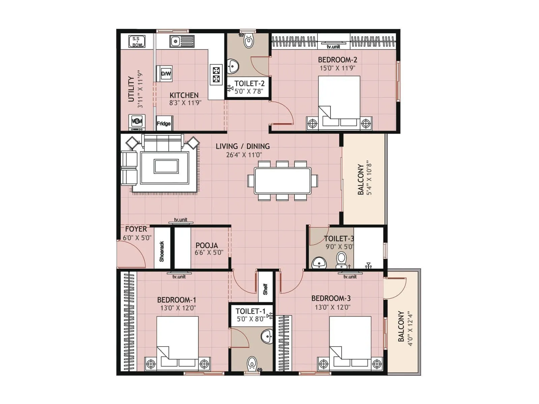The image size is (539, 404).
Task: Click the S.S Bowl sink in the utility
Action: click(x=137, y=41)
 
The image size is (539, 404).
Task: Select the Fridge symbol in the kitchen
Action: click(x=164, y=123)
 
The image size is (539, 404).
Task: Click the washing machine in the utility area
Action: click(x=137, y=122)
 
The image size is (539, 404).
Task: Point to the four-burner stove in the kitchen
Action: click(x=216, y=75)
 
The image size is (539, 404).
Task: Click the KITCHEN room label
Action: click(x=184, y=95)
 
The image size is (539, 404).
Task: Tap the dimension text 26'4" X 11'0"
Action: click(x=244, y=155)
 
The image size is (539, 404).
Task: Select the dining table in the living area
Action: click(x=283, y=180)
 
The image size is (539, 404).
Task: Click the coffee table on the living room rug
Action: click(x=166, y=166)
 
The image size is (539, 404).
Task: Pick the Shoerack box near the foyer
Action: click(x=162, y=251)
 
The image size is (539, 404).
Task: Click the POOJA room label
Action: click(x=207, y=245)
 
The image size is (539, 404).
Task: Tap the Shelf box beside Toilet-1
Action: click(x=265, y=289)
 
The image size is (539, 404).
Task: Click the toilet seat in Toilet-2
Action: click(x=248, y=41)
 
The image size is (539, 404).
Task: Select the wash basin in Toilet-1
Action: click(x=267, y=336)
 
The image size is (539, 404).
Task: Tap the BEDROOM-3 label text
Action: click(x=331, y=298)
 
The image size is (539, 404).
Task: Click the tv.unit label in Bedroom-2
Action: click(x=333, y=47)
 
